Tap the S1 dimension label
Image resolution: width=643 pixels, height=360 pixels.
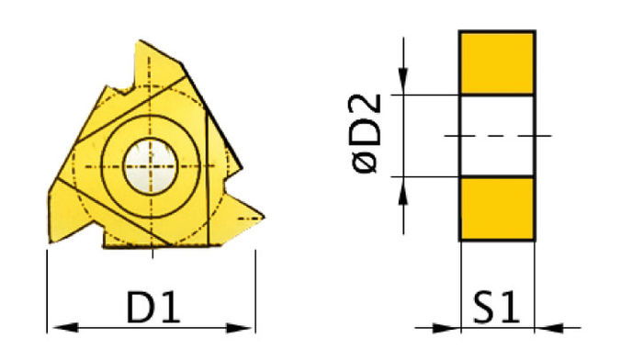(497, 308)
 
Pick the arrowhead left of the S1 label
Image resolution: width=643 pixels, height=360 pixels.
(447, 326)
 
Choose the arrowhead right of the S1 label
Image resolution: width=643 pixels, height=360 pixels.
(547, 326)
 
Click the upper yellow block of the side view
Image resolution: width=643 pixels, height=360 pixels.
(497, 62)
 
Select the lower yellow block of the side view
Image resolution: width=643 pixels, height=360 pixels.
(497, 208)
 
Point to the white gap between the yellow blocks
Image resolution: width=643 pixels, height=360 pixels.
(497, 115)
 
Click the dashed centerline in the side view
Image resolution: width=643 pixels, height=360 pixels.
(497, 136)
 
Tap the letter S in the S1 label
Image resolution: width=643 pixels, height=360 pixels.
(484, 308)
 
